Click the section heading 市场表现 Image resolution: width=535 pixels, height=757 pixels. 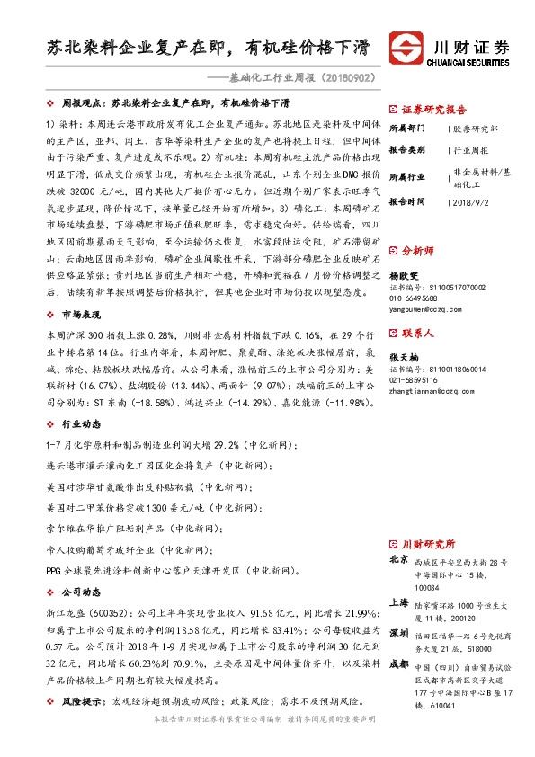76,316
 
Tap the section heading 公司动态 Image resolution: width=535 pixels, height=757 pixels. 76,593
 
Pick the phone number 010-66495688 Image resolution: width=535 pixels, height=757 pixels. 414,298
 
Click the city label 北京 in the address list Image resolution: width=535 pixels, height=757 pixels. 397,559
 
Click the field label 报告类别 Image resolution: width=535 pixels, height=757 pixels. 407,150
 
